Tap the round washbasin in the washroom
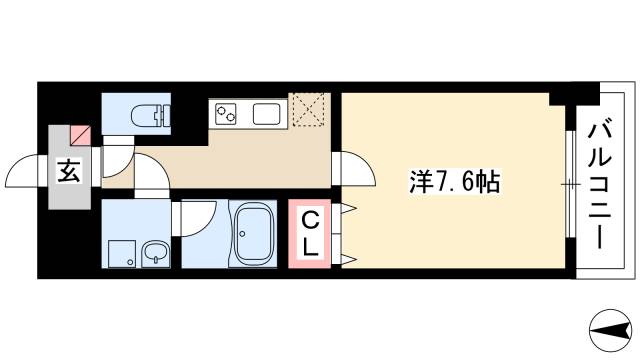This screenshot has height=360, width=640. (156, 253)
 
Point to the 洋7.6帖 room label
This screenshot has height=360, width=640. (454, 183)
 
